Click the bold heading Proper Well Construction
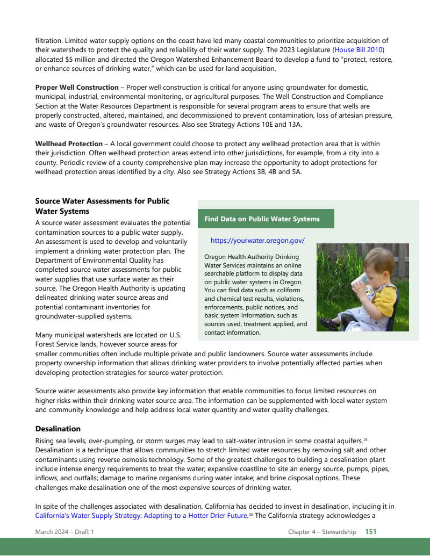pyautogui.click(x=77, y=88)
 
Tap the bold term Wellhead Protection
pyautogui.click(x=69, y=144)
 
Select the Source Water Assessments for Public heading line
pyautogui.click(x=102, y=201)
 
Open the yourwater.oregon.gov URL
pyautogui.click(x=257, y=241)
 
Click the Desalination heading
pyautogui.click(x=58, y=429)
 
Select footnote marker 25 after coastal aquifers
pyautogui.click(x=365, y=440)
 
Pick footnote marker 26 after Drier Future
pyautogui.click(x=250, y=515)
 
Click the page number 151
pyautogui.click(x=371, y=532)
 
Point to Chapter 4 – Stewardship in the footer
pyautogui.click(x=322, y=532)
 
